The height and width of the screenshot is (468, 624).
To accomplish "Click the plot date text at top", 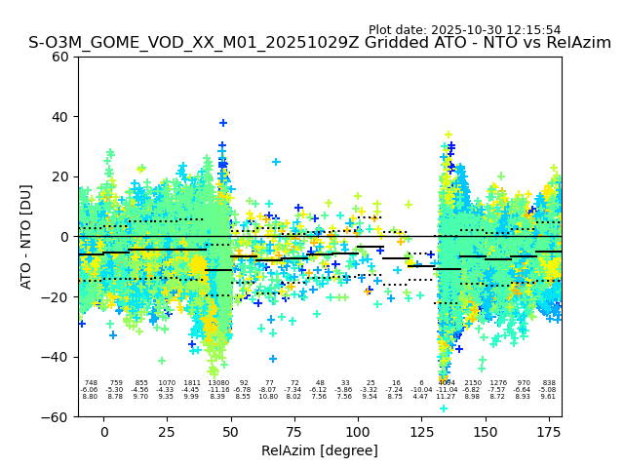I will [x=464, y=30].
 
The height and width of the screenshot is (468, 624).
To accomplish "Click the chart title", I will [x=320, y=43].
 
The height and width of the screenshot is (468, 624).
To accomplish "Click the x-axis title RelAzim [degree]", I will [x=320, y=450].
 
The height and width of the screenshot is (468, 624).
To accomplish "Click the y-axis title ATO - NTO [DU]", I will [x=26, y=236].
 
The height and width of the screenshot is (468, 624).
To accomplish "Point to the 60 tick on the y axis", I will [x=60, y=57].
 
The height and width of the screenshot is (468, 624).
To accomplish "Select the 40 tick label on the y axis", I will [x=60, y=117].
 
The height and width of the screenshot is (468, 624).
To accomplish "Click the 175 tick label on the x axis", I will [x=549, y=431].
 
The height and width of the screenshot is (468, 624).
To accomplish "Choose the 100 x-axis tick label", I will [x=358, y=431].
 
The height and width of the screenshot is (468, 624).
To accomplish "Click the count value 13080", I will [x=218, y=383].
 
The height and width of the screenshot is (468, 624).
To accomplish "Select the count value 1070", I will [x=167, y=383].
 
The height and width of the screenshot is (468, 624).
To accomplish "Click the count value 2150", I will [x=473, y=383].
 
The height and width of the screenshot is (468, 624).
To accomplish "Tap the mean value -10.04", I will [x=421, y=390].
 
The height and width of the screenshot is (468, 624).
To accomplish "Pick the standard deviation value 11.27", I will [x=447, y=397].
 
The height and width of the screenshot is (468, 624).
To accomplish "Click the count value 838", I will [x=549, y=383].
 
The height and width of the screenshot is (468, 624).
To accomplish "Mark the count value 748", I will [x=91, y=383].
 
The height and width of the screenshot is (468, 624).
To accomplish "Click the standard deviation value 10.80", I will [x=269, y=397].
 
